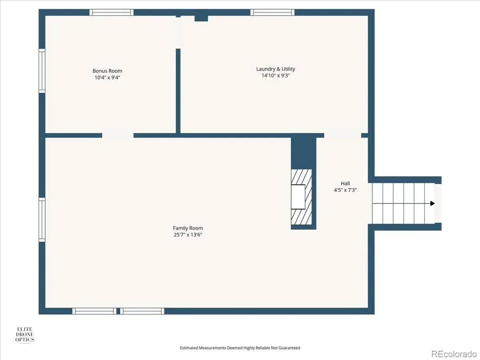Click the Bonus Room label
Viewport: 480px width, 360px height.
107,71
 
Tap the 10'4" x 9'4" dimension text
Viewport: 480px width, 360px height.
107,77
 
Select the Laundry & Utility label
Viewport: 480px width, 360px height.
276,69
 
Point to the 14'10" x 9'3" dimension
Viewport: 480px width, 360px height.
276,76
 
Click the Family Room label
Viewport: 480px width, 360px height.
188,228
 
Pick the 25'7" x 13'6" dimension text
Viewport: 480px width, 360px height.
188,235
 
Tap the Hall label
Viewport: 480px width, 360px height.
345,183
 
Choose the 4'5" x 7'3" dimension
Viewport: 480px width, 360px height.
345,190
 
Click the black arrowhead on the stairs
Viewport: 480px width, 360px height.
432,203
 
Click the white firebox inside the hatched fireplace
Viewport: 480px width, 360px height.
298,197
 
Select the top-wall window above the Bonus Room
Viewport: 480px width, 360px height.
111,12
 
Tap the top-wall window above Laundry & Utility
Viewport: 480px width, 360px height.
272,12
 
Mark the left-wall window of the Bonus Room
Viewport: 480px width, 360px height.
42,71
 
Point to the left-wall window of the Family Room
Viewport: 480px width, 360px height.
42,220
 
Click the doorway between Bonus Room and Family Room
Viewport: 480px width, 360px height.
118,136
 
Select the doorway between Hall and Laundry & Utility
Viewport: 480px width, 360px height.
342,136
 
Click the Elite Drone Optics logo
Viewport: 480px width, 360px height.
24,334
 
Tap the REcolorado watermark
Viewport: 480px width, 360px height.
454,354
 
